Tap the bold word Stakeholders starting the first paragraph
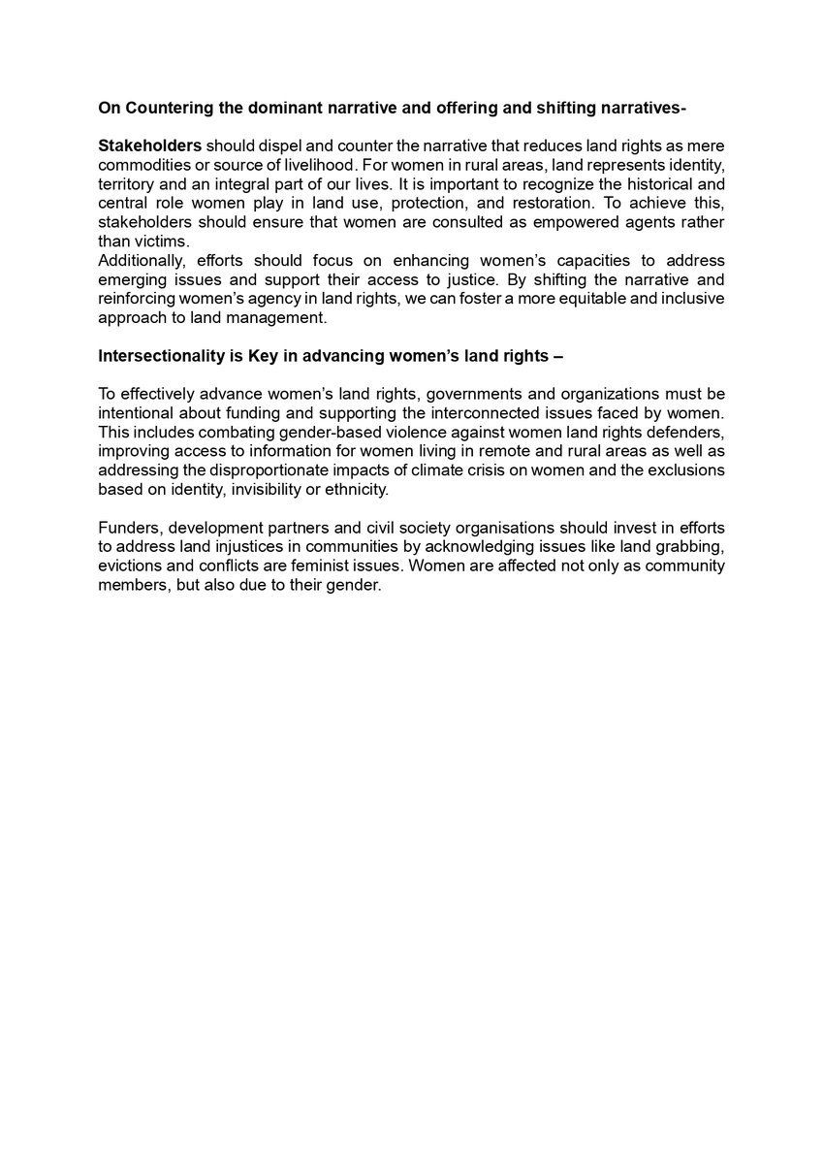coord(150,145)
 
